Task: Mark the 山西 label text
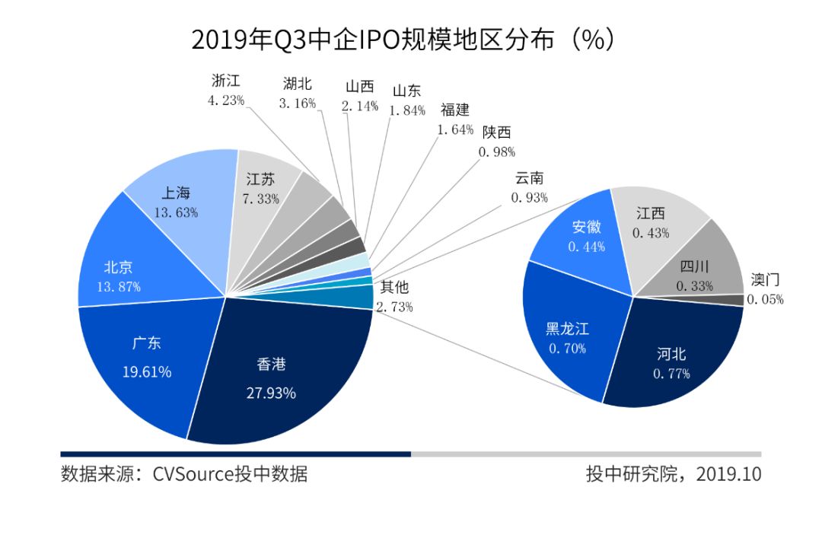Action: [x=359, y=87]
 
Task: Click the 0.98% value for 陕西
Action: [x=496, y=151]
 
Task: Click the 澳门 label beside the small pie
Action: [x=765, y=279]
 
